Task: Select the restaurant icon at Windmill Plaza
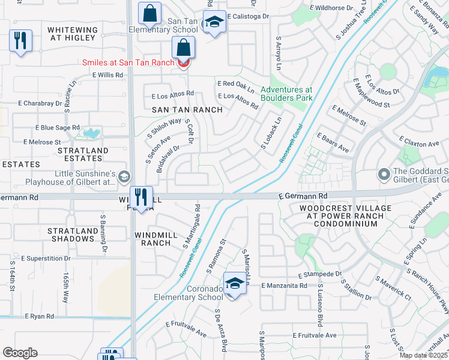point(140,197)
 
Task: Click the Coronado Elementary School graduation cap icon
point(235,283)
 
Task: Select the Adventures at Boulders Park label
point(287,94)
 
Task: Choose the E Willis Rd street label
point(107,75)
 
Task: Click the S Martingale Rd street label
point(192,226)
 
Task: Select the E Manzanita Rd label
point(285,286)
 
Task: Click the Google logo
point(20,353)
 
